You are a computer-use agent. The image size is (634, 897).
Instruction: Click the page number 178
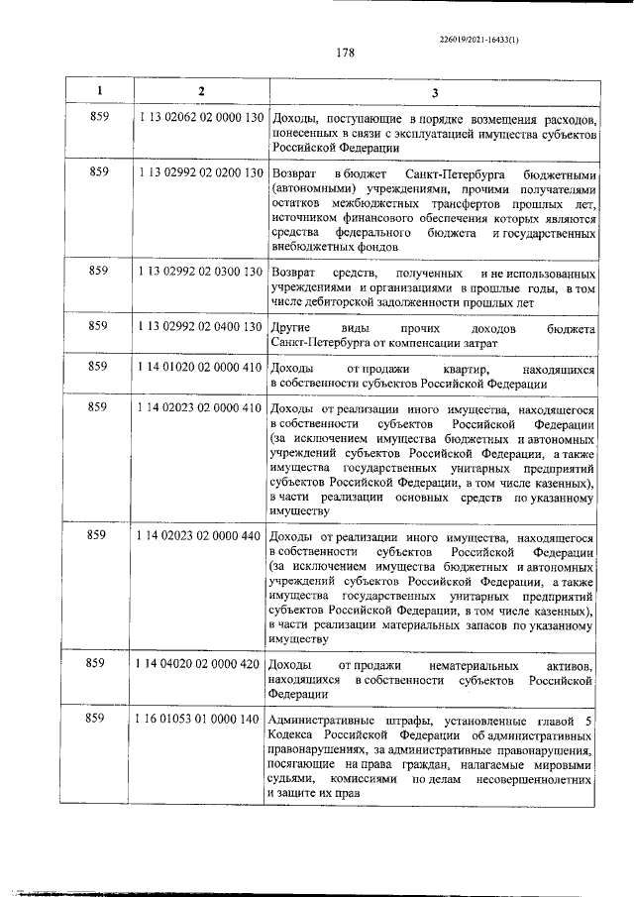click(345, 53)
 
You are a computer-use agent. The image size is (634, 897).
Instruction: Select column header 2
click(200, 91)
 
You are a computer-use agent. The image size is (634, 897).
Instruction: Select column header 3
click(432, 91)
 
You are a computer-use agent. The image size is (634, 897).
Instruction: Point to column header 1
click(99, 91)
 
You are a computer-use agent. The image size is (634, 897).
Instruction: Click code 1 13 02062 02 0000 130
click(200, 118)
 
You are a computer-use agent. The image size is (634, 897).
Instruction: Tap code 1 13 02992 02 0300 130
click(200, 271)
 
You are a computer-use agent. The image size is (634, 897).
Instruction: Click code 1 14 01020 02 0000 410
click(200, 367)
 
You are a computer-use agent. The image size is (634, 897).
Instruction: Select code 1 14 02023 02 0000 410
click(200, 407)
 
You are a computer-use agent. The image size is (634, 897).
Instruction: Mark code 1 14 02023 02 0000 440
click(200, 535)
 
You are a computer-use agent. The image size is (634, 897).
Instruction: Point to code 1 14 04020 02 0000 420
click(200, 662)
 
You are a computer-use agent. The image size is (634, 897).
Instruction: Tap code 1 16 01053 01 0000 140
click(200, 718)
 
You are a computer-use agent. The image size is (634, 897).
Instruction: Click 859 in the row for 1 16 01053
click(99, 718)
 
